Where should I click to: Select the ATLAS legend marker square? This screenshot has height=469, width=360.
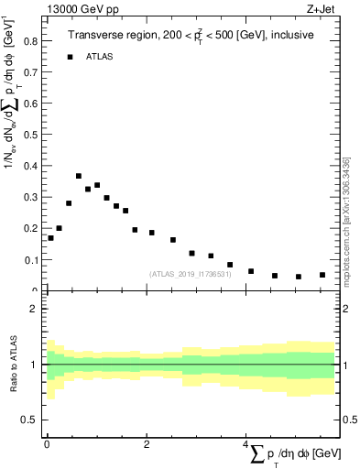click(70, 57)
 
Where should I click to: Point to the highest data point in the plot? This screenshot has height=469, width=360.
click(79, 176)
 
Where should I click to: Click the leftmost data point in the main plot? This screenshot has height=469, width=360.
click(50, 238)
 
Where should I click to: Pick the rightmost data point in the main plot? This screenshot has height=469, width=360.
click(322, 275)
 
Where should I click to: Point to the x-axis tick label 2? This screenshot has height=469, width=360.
click(147, 444)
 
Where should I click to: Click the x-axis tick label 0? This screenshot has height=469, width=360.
click(47, 444)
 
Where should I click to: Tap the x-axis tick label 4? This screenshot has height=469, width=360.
click(246, 444)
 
